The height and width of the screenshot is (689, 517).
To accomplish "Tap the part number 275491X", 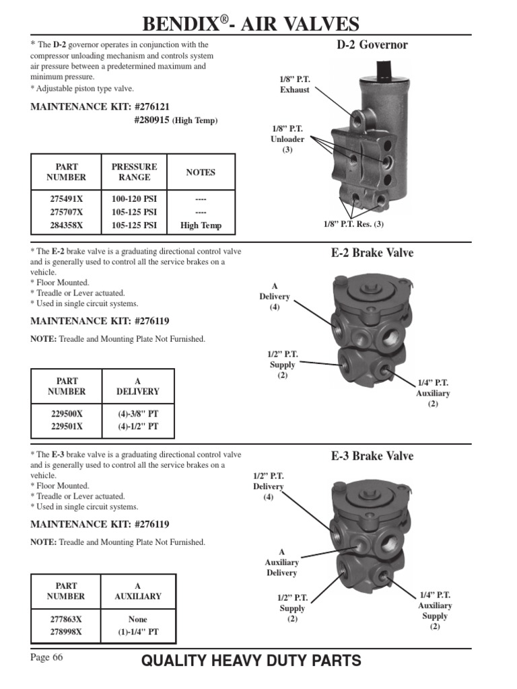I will pos(66,200).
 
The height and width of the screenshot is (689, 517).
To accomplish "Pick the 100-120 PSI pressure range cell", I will pos(134,200).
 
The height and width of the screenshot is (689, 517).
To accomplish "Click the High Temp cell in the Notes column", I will pos(201,225).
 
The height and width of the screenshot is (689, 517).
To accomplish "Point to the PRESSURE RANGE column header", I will pos(134,172).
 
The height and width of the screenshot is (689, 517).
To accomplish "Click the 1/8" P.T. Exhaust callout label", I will pos(295,84).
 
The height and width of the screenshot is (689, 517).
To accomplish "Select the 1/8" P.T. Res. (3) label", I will pos(353,224).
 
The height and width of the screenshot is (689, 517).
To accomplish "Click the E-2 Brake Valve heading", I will pos(372,253).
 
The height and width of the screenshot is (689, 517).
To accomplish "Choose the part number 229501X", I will pos(66,426).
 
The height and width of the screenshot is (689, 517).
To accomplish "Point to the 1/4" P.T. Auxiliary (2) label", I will pos(433,393).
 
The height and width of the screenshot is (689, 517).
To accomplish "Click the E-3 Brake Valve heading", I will pos(372,456).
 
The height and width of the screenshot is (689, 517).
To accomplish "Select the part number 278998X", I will pos(66,632).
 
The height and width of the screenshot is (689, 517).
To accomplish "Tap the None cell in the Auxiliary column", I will pos(137,619).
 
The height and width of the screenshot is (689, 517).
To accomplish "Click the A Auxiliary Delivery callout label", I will pos(281,563).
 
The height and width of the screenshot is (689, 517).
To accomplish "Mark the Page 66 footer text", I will pos(46,657).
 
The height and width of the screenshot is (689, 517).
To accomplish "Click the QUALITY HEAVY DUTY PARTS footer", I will pos(251,661).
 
